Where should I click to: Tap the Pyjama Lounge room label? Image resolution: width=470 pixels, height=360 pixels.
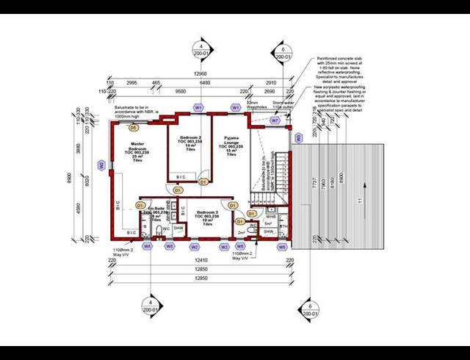[231, 147]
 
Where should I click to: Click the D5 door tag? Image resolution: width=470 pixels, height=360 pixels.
[134, 128]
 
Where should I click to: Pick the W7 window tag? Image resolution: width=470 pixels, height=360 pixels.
[275, 119]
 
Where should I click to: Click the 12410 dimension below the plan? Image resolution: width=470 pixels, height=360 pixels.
[195, 261]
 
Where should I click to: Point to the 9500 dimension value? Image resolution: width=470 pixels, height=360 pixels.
[179, 93]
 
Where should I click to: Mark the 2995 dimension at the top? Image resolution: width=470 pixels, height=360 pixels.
[133, 83]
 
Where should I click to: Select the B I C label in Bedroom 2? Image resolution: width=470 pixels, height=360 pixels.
[181, 177]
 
